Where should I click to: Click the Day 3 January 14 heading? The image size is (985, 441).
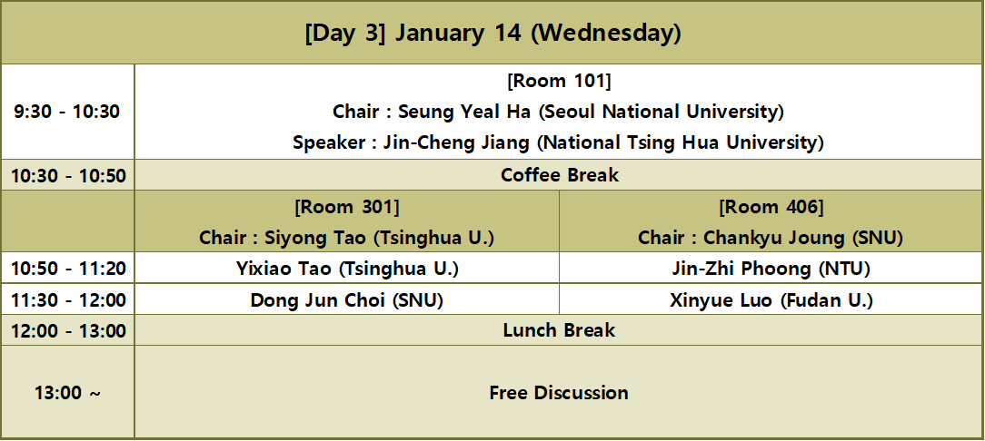pos(492,34)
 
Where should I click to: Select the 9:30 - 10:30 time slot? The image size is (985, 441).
pos(67,113)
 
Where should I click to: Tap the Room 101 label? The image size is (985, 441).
pos(559,82)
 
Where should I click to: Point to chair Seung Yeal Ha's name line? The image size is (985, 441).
pos(559,113)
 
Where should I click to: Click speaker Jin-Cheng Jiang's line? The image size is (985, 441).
pos(559,142)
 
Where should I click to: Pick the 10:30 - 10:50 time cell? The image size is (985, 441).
pos(67,175)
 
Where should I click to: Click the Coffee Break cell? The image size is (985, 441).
pos(559,175)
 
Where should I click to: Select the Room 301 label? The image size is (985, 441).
pos(346,207)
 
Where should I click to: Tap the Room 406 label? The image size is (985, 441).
pos(771,207)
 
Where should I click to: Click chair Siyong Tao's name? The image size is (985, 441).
pos(346,238)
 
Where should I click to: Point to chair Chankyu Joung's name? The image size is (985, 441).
pos(771,238)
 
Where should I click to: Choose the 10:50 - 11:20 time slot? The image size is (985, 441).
pos(67,269)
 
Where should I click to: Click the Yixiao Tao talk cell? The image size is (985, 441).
pos(346,269)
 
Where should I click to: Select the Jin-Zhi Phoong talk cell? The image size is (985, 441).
pos(771,269)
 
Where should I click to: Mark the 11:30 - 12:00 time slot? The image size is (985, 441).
pos(67,300)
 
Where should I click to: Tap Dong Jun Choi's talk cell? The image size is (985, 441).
pos(346,300)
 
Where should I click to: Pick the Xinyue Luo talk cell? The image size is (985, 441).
pos(771,300)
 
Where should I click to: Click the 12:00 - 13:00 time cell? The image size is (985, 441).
pos(67,330)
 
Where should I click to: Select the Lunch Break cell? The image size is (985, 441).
pos(559,330)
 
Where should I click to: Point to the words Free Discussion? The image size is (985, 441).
pos(559,393)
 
